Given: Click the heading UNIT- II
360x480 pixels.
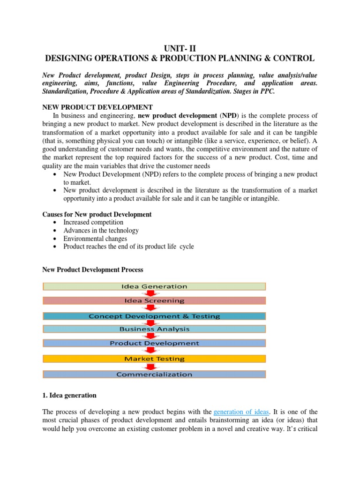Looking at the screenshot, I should (180, 47).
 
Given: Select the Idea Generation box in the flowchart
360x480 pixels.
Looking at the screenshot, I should (154, 286).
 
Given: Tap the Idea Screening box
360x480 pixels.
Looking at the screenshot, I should (154, 300).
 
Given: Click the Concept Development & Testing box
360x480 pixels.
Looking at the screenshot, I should (154, 316).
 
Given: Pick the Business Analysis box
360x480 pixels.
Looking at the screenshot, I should (154, 329).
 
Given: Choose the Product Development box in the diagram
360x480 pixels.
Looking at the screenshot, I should (154, 343).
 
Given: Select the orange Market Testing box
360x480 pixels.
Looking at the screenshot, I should (154, 359).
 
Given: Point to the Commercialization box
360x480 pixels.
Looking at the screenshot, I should (154, 374).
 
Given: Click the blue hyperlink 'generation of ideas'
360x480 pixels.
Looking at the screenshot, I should (241, 412).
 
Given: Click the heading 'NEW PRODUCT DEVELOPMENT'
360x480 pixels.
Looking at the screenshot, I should (97, 107).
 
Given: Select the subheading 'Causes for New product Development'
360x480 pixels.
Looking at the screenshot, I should (97, 214).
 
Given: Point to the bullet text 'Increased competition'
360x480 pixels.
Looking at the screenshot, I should (93, 222).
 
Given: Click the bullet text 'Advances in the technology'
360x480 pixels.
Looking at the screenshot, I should (101, 230).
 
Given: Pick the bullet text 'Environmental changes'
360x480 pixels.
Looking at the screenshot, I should (95, 239).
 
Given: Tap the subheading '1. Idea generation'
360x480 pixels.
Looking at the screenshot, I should (69, 395).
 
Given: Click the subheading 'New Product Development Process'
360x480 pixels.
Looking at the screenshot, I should (93, 270).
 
